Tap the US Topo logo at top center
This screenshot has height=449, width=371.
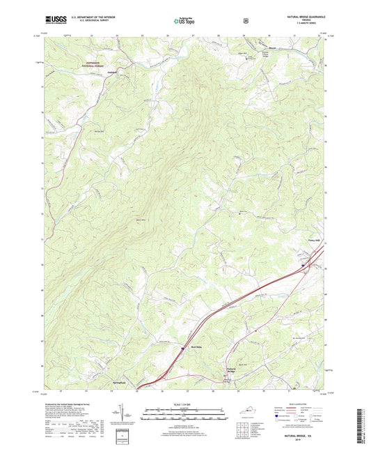pos(185,22)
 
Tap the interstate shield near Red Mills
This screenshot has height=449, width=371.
pos(185,341)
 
